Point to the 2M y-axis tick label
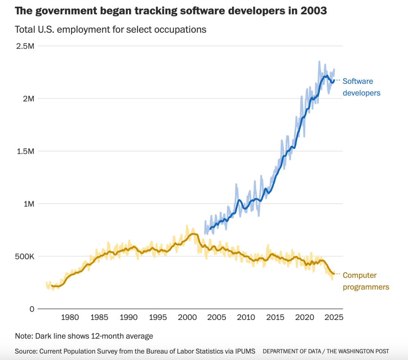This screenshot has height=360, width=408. click(x=29, y=99)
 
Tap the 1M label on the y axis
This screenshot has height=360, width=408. click(x=29, y=204)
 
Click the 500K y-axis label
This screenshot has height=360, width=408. click(x=25, y=256)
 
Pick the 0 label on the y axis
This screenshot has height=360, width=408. click(x=32, y=309)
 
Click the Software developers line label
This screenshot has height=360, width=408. click(x=361, y=87)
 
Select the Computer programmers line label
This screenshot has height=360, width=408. click(x=365, y=281)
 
